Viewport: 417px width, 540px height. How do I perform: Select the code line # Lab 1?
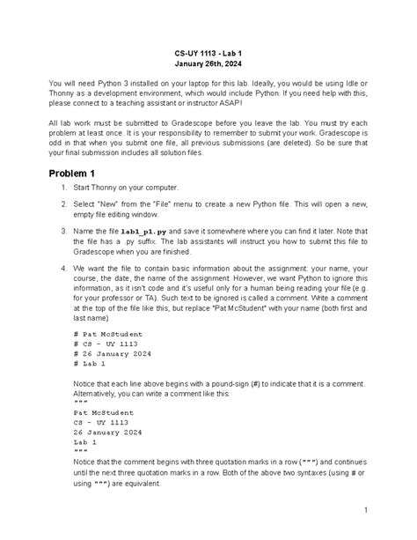click(90, 362)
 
